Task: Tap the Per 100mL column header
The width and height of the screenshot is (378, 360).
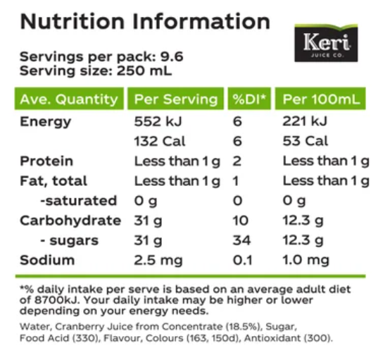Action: coord(320,99)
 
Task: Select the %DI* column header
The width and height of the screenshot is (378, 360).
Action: coord(248,99)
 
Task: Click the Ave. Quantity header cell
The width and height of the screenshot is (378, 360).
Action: coord(68,99)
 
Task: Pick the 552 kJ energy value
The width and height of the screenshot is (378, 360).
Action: coord(158,121)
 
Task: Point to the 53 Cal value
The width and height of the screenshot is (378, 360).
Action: coord(305,141)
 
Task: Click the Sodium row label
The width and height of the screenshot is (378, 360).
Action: coord(46,260)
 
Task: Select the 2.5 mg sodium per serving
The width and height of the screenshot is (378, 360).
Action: coord(159,260)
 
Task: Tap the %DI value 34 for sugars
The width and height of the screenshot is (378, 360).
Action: coord(240,240)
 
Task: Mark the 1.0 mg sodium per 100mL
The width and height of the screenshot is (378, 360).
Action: coord(306,260)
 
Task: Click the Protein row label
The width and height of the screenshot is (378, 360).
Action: coord(46,161)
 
